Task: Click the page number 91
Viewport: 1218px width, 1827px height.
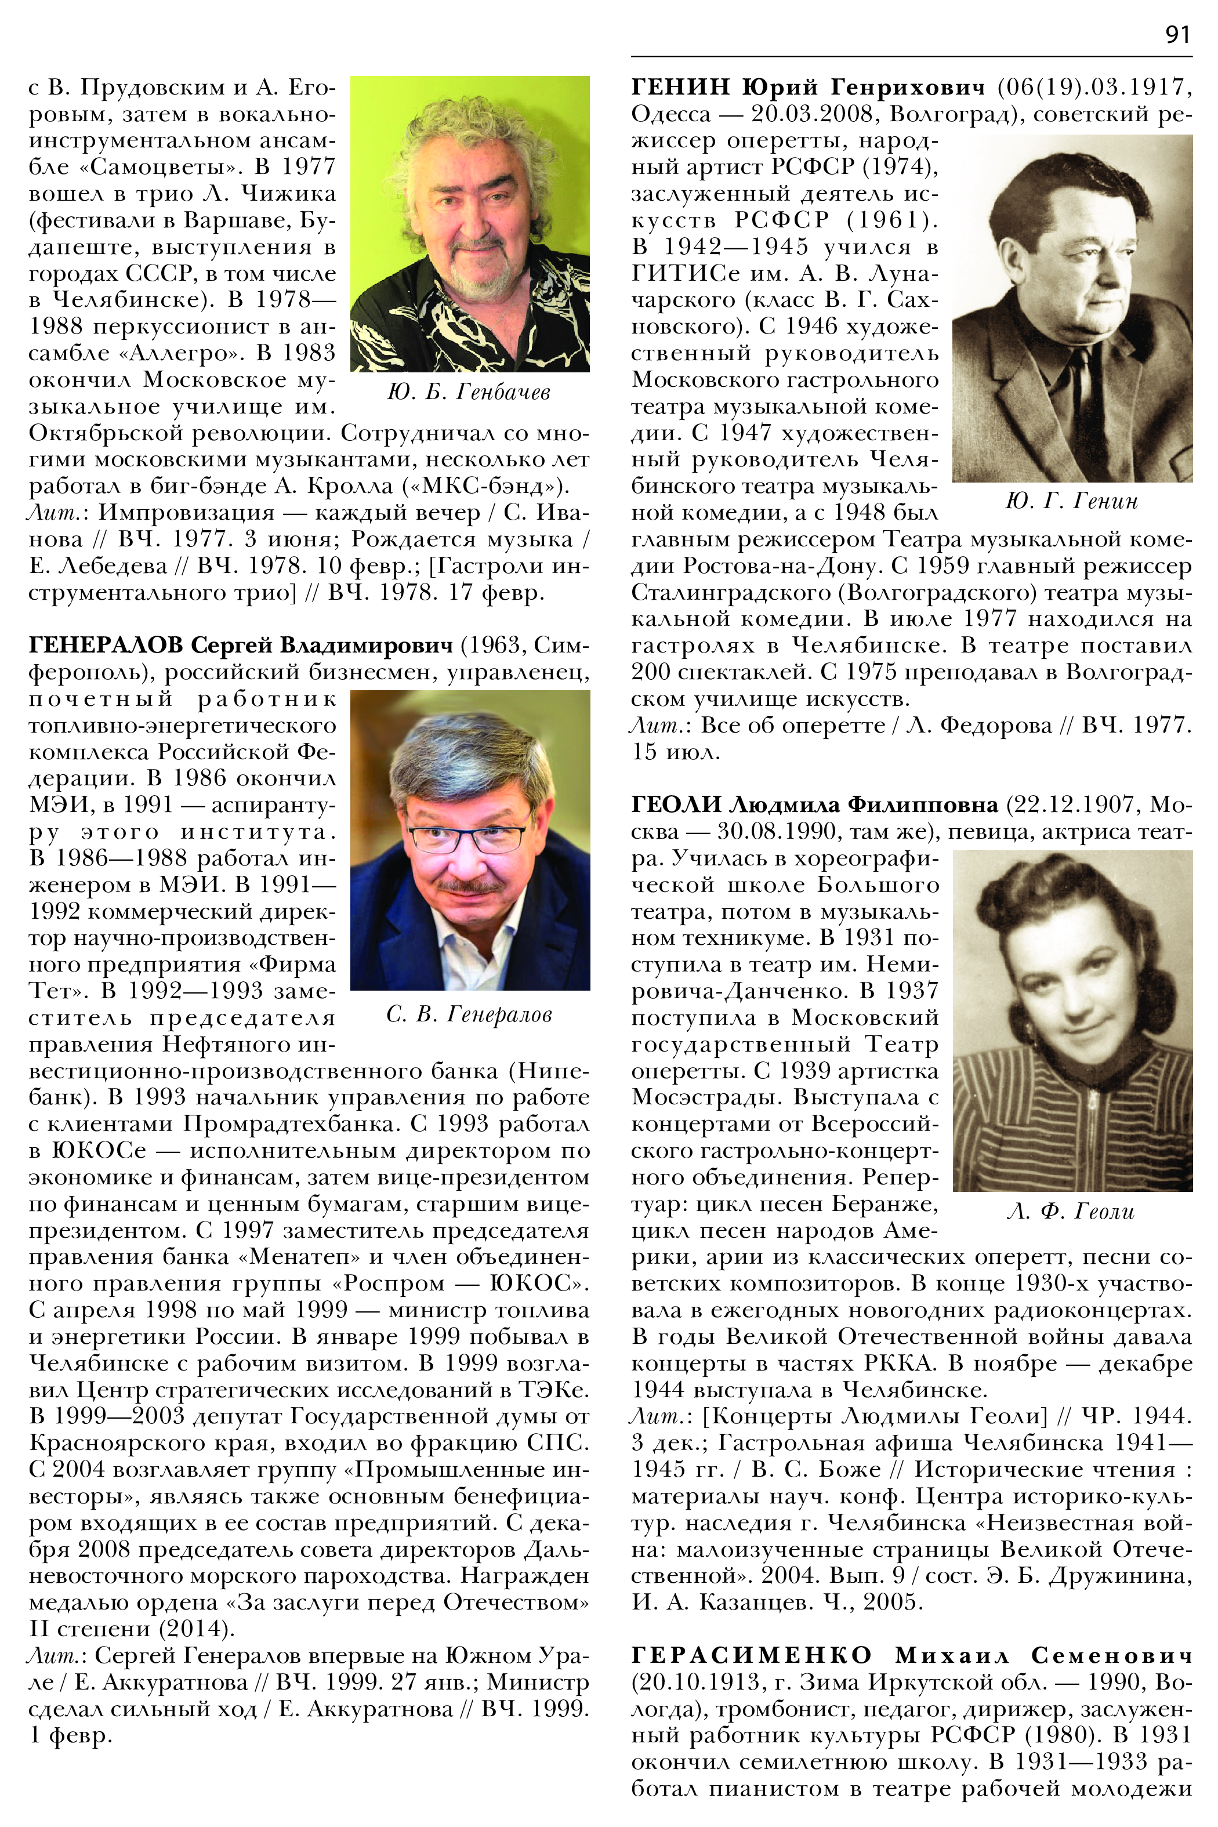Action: (1177, 35)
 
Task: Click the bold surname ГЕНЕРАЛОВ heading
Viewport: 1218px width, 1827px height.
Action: (106, 646)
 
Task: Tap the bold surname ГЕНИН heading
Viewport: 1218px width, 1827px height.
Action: (680, 88)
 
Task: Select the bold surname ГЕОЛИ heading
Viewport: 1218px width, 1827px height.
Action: (677, 805)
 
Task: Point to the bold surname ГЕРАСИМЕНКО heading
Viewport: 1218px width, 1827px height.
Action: (752, 1655)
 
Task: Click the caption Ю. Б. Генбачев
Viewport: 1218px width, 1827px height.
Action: (469, 392)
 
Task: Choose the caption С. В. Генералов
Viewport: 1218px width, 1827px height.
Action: (469, 1014)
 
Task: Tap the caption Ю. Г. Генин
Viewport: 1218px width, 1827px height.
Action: (1071, 502)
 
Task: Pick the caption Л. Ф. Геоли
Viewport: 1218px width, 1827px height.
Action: (1071, 1212)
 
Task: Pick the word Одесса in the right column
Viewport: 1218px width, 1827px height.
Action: (670, 114)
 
